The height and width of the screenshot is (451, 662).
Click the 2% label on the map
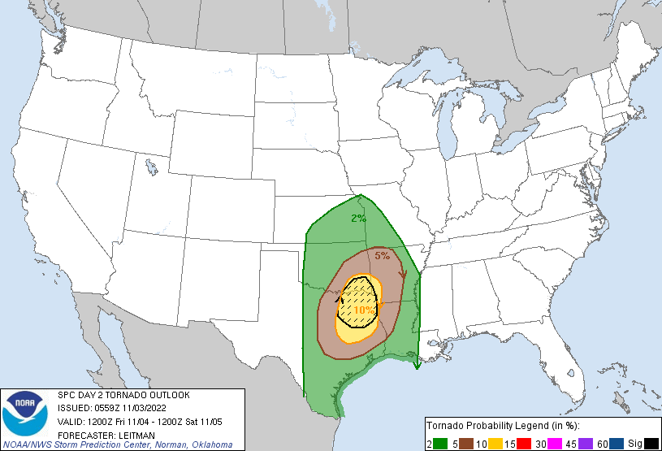pos(358,218)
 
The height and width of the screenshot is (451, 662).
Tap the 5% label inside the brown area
pos(382,256)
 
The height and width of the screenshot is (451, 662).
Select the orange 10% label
pos(364,310)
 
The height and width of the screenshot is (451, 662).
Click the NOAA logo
pos(24,414)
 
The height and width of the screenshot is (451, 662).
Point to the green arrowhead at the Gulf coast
pos(417,366)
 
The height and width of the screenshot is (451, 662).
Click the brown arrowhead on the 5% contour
pos(404,274)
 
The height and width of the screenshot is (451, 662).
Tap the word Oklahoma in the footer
pos(211,445)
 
